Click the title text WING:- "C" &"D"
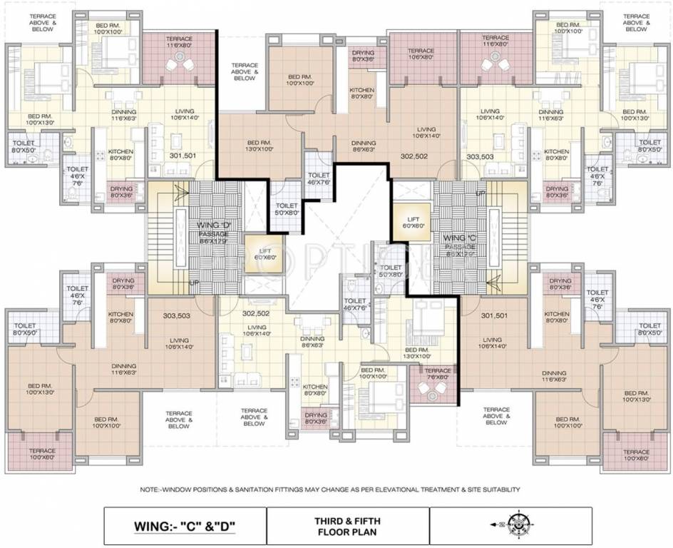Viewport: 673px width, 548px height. click(185, 529)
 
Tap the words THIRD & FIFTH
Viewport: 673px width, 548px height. click(347, 521)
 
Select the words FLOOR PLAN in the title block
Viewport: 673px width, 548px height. click(347, 532)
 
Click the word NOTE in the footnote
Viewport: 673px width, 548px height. click(152, 490)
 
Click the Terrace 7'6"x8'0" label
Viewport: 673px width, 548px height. click(438, 374)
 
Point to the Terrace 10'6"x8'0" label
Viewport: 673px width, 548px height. click(421, 54)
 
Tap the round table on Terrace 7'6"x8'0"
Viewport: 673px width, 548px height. click(433, 390)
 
